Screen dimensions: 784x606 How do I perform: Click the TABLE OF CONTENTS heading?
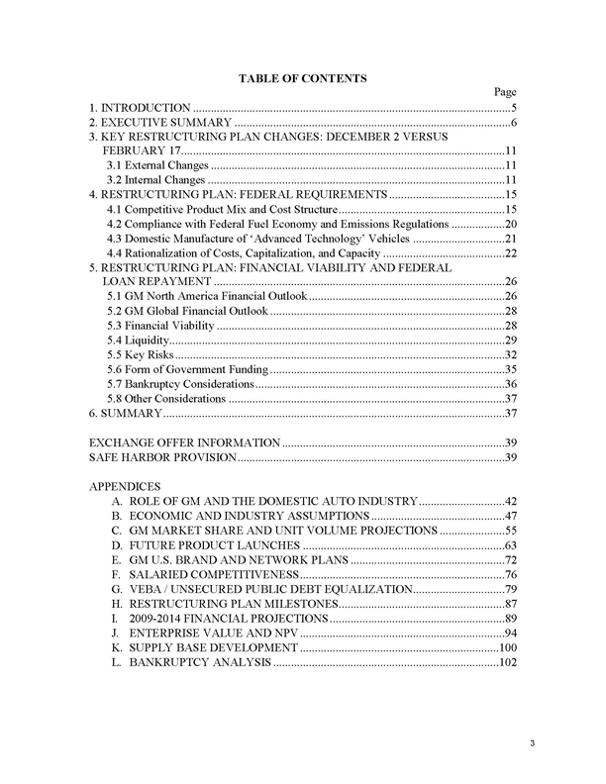(303, 77)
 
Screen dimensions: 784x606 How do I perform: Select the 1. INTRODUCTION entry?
(140, 107)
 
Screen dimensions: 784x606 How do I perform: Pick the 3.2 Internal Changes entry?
(150, 181)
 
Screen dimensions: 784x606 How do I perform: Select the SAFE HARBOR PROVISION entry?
(162, 457)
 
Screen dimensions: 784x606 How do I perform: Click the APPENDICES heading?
(124, 487)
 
